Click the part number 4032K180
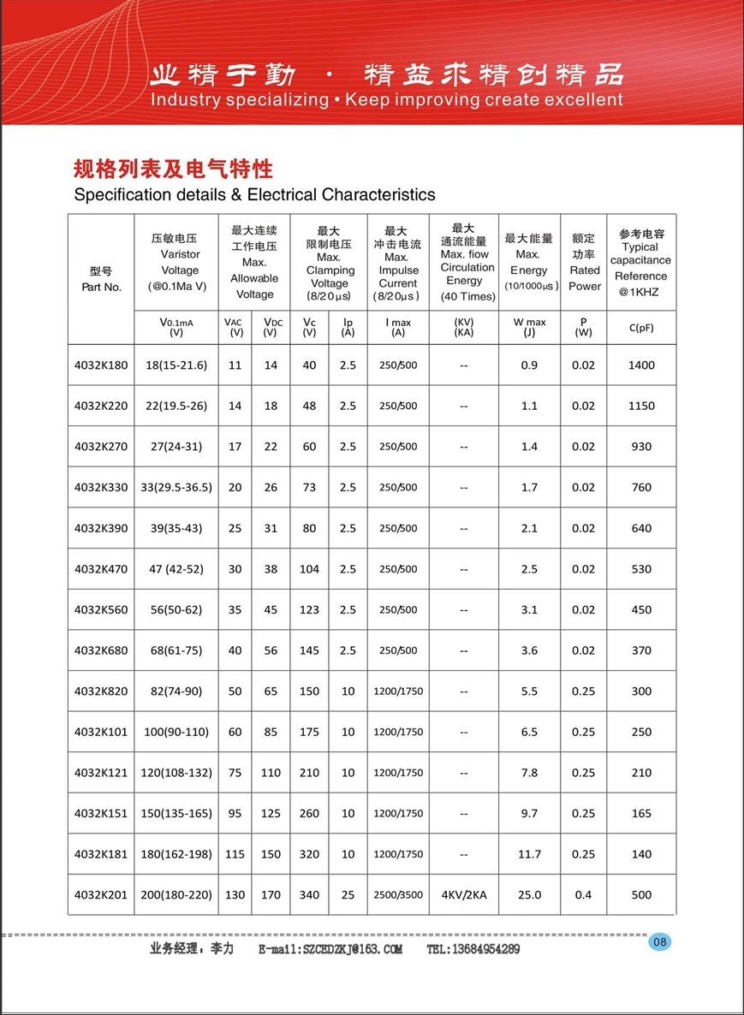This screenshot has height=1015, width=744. click(101, 365)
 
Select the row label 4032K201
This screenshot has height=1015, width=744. click(101, 895)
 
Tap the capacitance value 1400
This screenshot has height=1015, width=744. click(641, 365)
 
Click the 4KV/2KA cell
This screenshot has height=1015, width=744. click(464, 895)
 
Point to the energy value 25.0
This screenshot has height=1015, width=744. click(529, 895)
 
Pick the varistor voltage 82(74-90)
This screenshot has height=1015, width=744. click(176, 692)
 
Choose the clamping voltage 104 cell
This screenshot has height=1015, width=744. click(310, 569)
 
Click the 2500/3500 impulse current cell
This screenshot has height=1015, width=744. click(398, 895)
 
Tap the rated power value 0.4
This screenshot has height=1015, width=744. click(583, 895)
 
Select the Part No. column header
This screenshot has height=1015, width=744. click(101, 280)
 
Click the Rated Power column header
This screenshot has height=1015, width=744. click(585, 263)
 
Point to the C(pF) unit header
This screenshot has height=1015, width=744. click(641, 327)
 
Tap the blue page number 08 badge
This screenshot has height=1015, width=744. click(660, 942)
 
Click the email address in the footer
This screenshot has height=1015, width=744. click(330, 949)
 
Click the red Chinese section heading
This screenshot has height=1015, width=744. click(174, 168)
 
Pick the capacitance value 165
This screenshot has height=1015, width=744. click(641, 814)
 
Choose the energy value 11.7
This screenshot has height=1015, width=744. click(529, 854)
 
